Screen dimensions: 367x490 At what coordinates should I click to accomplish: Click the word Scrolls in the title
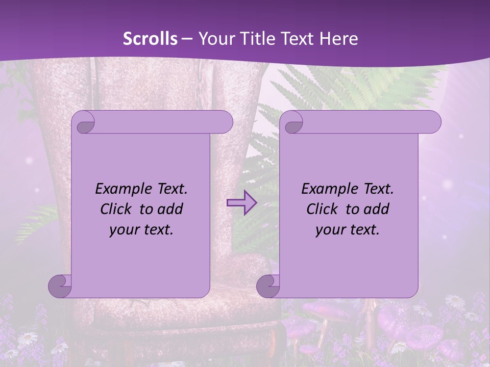coord(150,39)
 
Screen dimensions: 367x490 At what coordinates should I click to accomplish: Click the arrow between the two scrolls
coord(241,203)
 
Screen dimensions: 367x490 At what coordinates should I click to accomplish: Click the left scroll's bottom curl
coord(60,286)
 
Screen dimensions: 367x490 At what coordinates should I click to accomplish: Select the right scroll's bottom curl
coord(268,286)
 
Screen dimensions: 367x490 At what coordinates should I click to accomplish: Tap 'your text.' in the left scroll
coord(141,230)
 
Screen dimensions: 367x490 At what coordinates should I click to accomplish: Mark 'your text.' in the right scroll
coord(348,230)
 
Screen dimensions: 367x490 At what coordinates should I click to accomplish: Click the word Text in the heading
coord(297,39)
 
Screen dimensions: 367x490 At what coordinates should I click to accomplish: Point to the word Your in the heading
coord(214,39)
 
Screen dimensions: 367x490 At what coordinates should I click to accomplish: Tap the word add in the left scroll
coord(170,209)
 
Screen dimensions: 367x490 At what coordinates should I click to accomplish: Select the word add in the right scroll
coord(376,209)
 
